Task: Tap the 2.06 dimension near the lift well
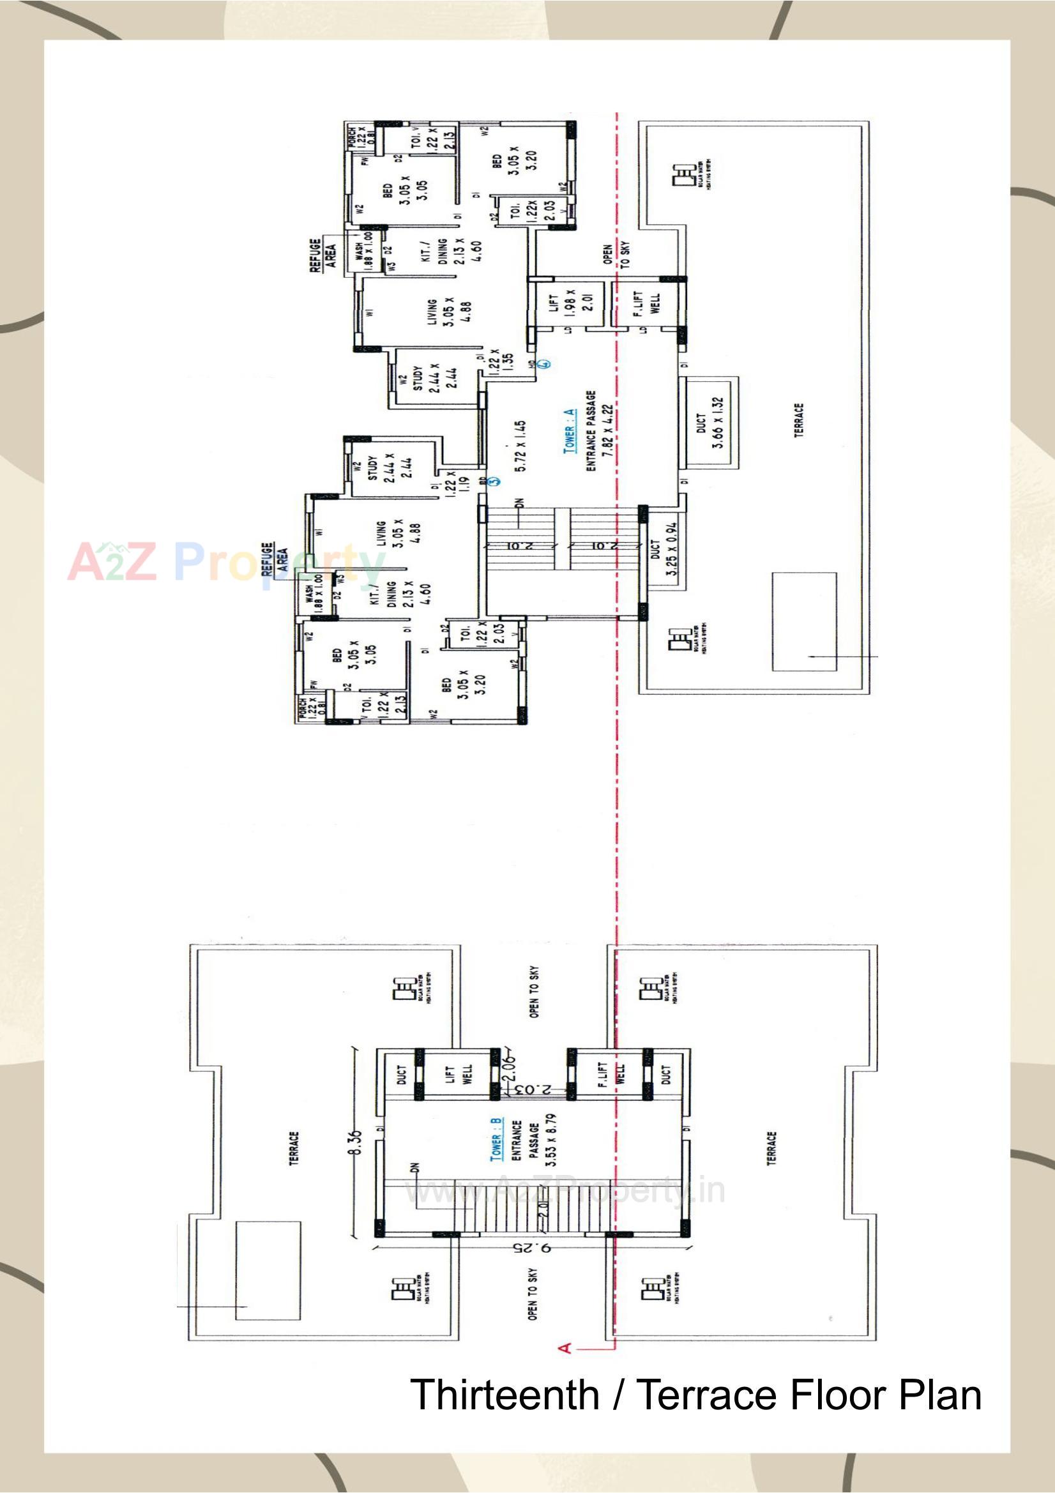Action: pos(509,1066)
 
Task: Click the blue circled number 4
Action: pos(546,363)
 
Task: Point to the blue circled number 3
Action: pos(494,482)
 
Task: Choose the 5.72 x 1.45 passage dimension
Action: pos(520,447)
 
